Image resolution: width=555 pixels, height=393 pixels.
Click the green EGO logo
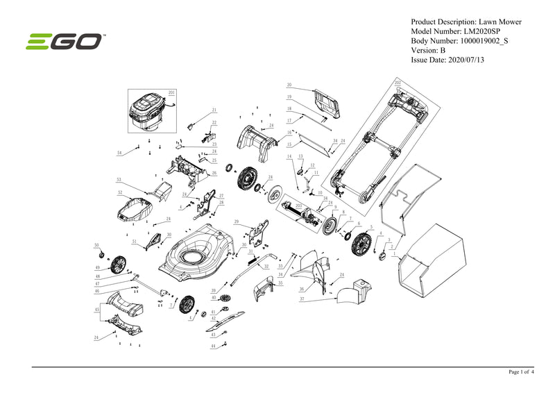[65, 42]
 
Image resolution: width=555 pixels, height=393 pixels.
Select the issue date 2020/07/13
[472, 60]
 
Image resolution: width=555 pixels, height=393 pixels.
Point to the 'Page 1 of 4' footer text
[521, 372]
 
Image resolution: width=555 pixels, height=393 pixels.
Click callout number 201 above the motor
[171, 92]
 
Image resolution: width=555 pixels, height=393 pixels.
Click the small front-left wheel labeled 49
[119, 265]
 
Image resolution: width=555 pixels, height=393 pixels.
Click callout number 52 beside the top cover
[119, 192]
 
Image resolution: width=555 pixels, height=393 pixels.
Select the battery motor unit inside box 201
[150, 112]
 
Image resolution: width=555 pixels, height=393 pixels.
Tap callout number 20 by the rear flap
[289, 85]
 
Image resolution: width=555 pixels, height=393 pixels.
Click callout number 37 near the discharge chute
[302, 299]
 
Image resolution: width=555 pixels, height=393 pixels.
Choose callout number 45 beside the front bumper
[96, 308]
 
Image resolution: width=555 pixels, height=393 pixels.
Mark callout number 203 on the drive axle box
[298, 206]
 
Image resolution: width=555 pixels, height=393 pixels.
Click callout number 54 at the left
[119, 152]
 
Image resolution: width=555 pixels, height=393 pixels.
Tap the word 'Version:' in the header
[425, 51]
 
